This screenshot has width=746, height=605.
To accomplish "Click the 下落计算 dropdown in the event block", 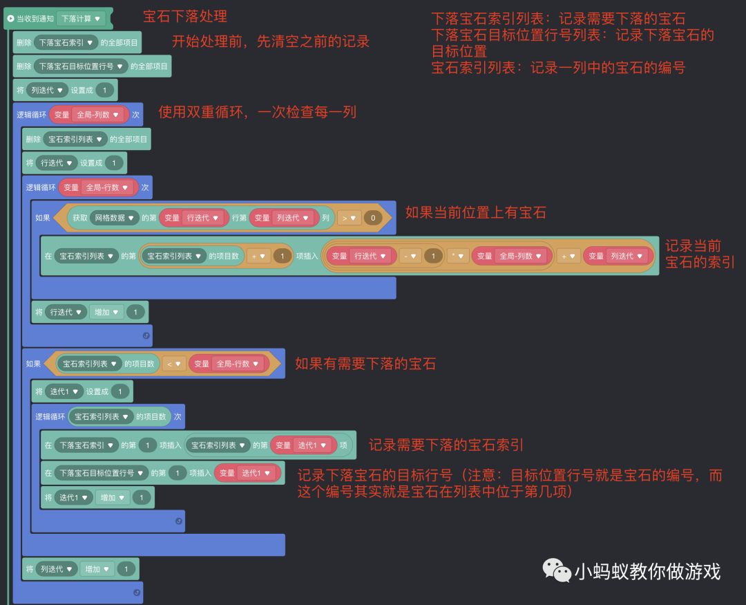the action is [81, 19].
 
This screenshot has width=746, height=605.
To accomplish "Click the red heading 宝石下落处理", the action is [184, 16].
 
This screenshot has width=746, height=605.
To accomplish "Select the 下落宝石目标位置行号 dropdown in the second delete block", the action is [82, 66].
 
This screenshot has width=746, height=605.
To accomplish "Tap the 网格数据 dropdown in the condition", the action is [114, 218].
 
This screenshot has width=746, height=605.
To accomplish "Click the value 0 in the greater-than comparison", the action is [372, 218].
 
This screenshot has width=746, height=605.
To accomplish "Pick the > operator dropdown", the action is [349, 218].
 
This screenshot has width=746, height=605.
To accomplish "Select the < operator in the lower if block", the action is [174, 364].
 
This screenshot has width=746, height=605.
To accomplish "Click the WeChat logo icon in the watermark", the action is [556, 570].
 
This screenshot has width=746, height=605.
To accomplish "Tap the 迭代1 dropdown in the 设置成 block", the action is [65, 391].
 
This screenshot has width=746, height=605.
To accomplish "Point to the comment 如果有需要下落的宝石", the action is [365, 363].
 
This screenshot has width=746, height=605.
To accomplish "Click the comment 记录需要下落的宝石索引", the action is [446, 445].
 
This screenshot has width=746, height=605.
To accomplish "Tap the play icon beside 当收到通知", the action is [10, 19].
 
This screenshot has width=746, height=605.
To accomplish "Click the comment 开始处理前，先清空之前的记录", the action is [271, 41].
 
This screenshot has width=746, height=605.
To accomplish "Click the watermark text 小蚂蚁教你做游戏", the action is [647, 571].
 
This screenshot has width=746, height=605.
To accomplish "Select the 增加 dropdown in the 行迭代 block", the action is [106, 312].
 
